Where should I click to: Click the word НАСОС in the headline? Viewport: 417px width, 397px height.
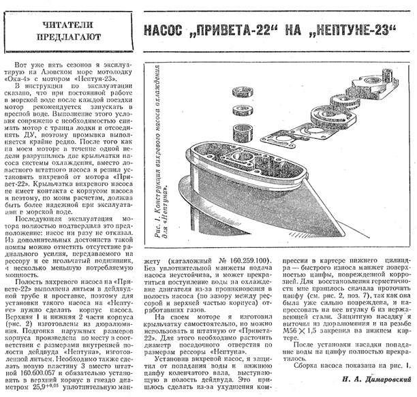tap(168, 32)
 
